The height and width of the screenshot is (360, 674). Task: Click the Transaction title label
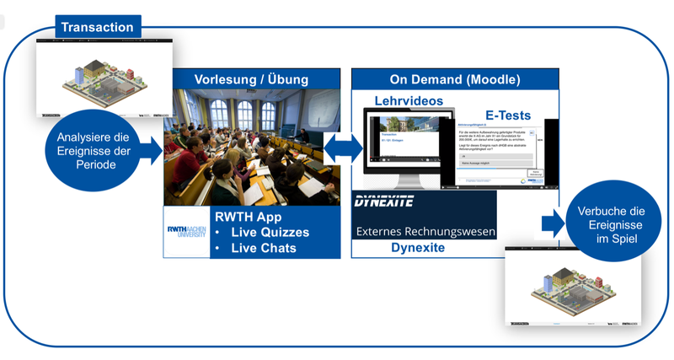pos(98,27)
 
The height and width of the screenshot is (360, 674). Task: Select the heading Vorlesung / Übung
pos(251,79)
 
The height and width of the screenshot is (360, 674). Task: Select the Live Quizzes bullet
pos(270,232)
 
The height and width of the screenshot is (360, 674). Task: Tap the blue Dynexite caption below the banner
pos(423,249)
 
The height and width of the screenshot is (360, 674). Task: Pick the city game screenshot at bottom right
pos(573,287)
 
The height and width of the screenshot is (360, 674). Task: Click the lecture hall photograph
pos(251,148)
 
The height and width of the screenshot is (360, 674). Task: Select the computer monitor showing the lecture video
pos(404,148)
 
